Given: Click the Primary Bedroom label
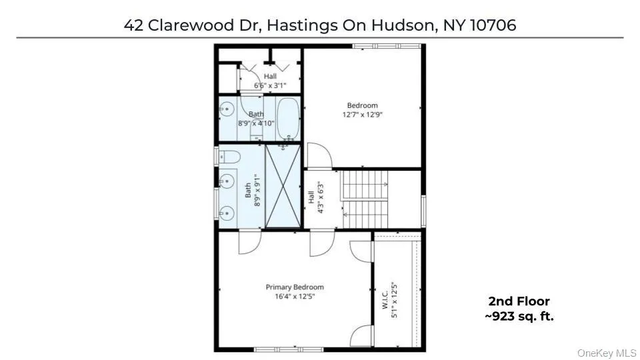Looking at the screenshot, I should point(295,287).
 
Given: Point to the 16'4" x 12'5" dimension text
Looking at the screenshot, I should point(295,296).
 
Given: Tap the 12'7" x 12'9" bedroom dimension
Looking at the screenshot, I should point(362,114).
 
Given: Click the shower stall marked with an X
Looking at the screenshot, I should point(284,187).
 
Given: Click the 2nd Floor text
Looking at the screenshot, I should point(519,302).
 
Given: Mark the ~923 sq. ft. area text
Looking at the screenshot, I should point(519,316).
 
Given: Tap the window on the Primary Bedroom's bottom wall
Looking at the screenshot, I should point(289,349).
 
